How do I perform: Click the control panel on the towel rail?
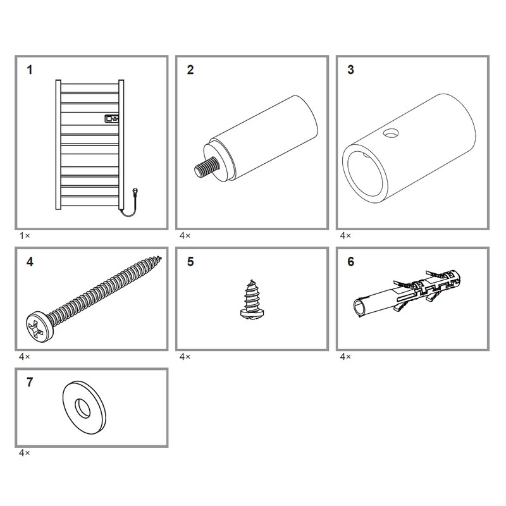pyautogui.click(x=112, y=119)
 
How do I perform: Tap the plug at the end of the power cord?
pyautogui.click(x=135, y=192)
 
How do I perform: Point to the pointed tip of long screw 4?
pyautogui.click(x=160, y=257)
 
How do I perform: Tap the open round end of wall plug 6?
pyautogui.click(x=359, y=308)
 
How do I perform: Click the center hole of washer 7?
pyautogui.click(x=83, y=409)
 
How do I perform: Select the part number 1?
pyautogui.click(x=30, y=70)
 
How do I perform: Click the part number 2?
pyautogui.click(x=190, y=70)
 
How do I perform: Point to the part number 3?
pyautogui.click(x=351, y=70)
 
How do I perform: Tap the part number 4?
pyautogui.click(x=30, y=262)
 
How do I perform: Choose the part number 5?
pyautogui.click(x=190, y=262)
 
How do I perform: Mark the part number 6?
pyautogui.click(x=351, y=262)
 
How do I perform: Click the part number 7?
pyautogui.click(x=30, y=382)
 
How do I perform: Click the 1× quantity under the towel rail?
pyautogui.click(x=25, y=236)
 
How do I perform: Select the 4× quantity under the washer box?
pyautogui.click(x=24, y=453)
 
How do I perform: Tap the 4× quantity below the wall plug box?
pyautogui.click(x=345, y=357)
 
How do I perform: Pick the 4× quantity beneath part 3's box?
pyautogui.click(x=345, y=236)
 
